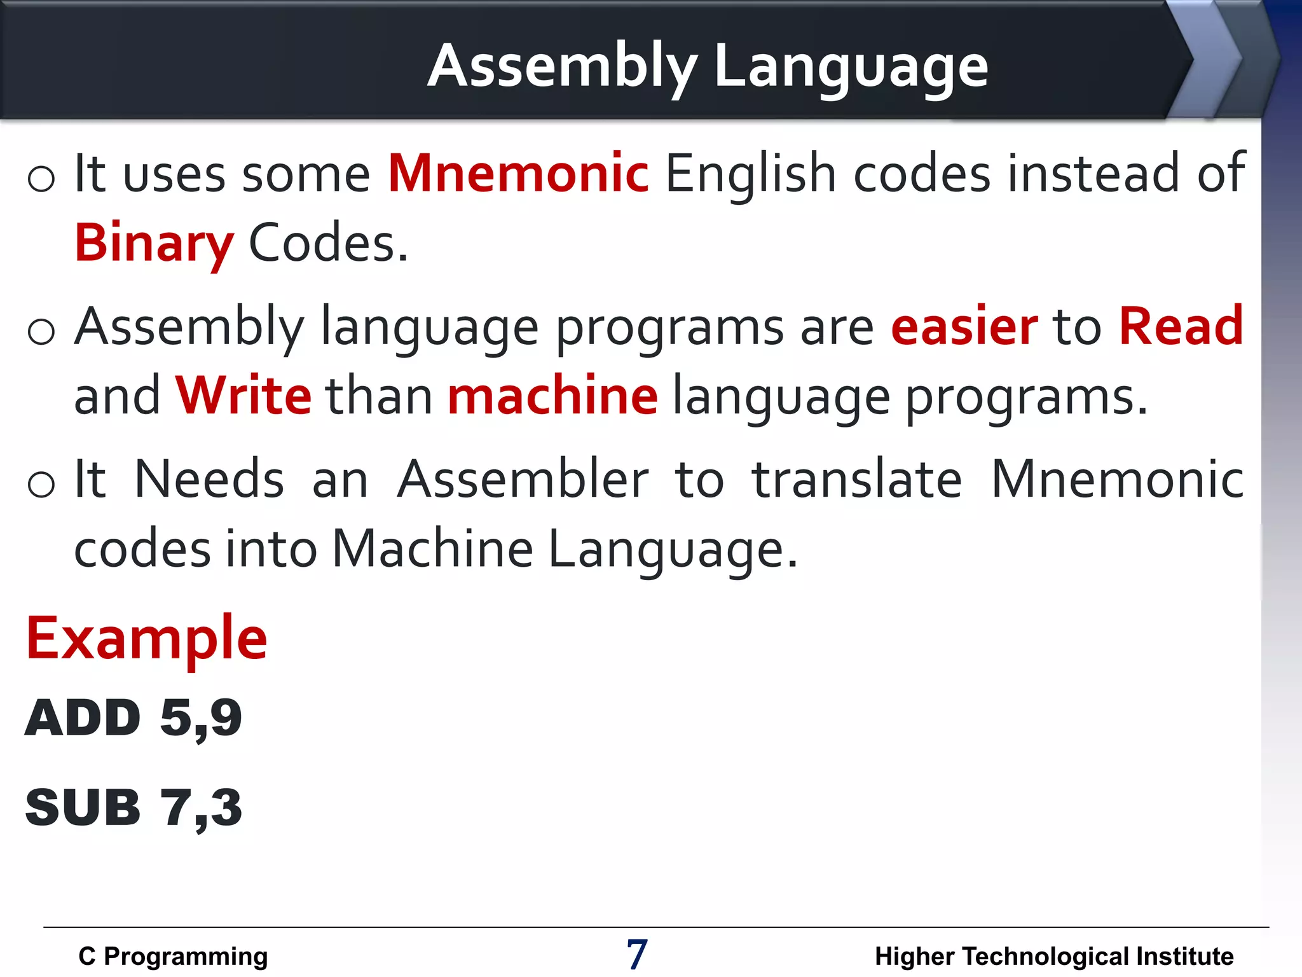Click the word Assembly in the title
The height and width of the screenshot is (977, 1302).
point(562,67)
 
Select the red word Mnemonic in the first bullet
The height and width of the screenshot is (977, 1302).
point(519,173)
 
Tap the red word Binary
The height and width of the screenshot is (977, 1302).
point(154,243)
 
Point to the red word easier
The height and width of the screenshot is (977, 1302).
point(964,326)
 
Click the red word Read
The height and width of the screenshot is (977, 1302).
point(1181,326)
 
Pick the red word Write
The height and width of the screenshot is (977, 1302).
point(243,396)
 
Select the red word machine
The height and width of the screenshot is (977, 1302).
point(552,396)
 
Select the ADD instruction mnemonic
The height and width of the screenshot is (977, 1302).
point(83,717)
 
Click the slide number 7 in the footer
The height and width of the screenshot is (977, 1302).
point(637,954)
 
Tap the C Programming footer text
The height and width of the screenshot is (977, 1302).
point(173,956)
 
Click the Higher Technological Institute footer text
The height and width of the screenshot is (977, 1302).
point(1054,956)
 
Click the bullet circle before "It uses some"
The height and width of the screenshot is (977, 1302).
point(41,179)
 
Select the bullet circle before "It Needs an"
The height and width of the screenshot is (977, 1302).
point(41,485)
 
